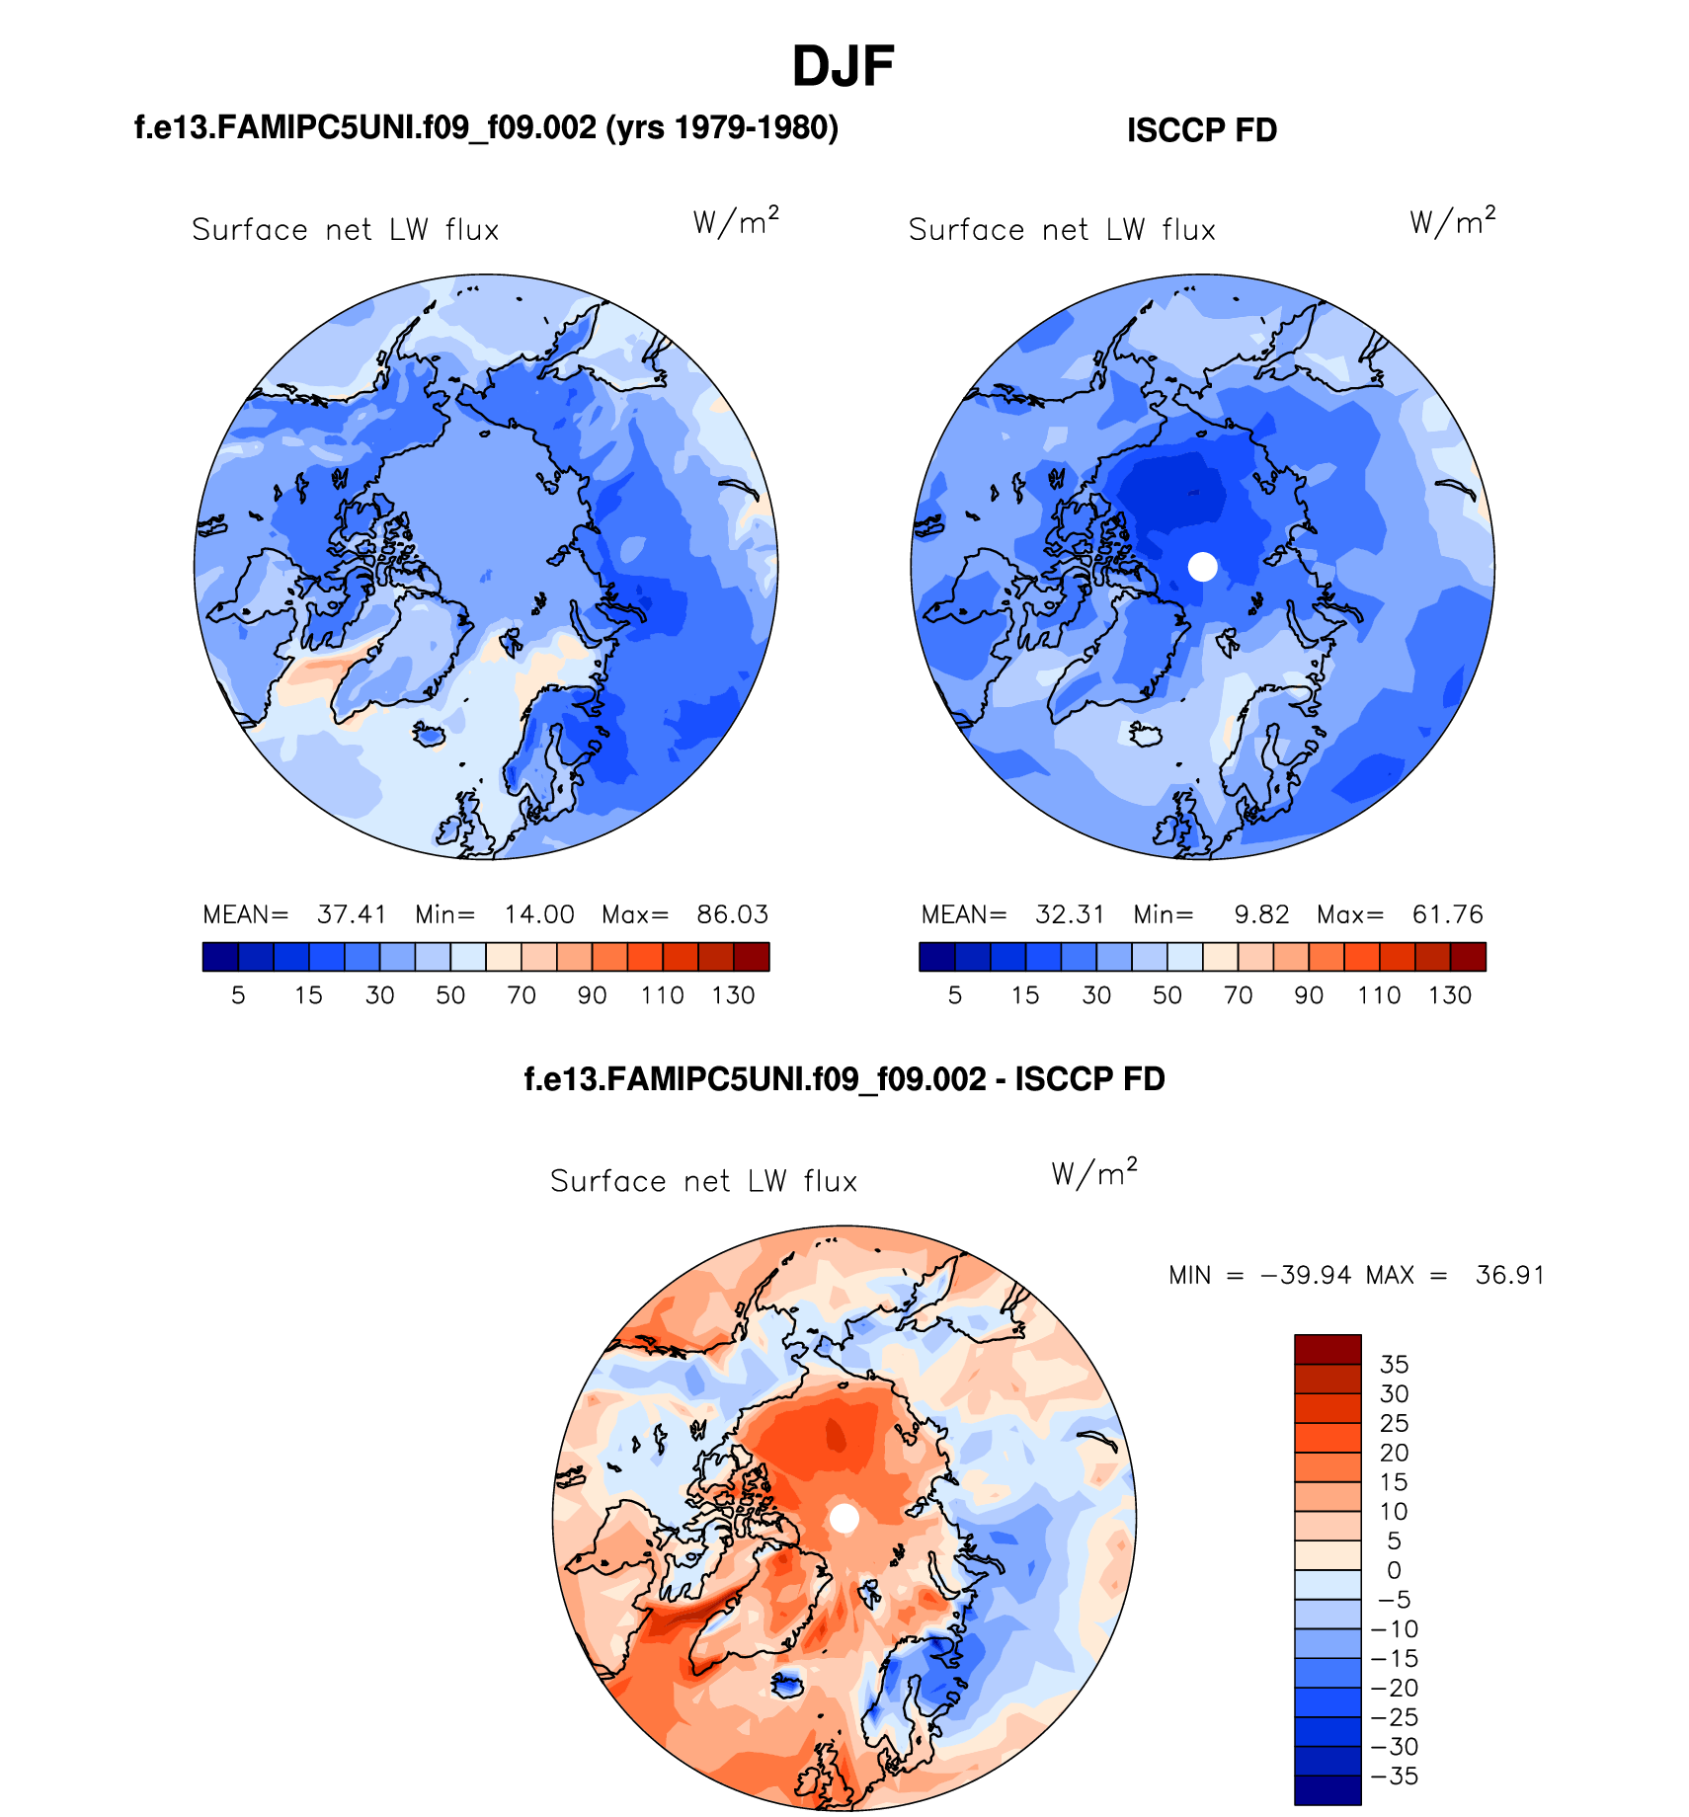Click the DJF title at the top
[x=843, y=67]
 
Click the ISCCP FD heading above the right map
[x=1201, y=130]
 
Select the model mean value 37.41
[x=351, y=914]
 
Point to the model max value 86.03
[x=732, y=914]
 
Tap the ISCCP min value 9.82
[x=1261, y=914]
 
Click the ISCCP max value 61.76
[x=1447, y=914]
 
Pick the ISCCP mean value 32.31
[x=1069, y=914]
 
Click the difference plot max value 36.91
[x=1509, y=1275]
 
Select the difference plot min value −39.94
[x=1306, y=1275]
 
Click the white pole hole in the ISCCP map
[x=1202, y=567]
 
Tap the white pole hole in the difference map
[x=844, y=1518]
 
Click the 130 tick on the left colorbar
[x=733, y=995]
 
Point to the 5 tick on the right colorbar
[x=954, y=995]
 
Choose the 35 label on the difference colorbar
[x=1394, y=1365]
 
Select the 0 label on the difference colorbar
[x=1394, y=1570]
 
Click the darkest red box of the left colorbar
[x=752, y=957]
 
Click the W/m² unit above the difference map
[x=1093, y=1173]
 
